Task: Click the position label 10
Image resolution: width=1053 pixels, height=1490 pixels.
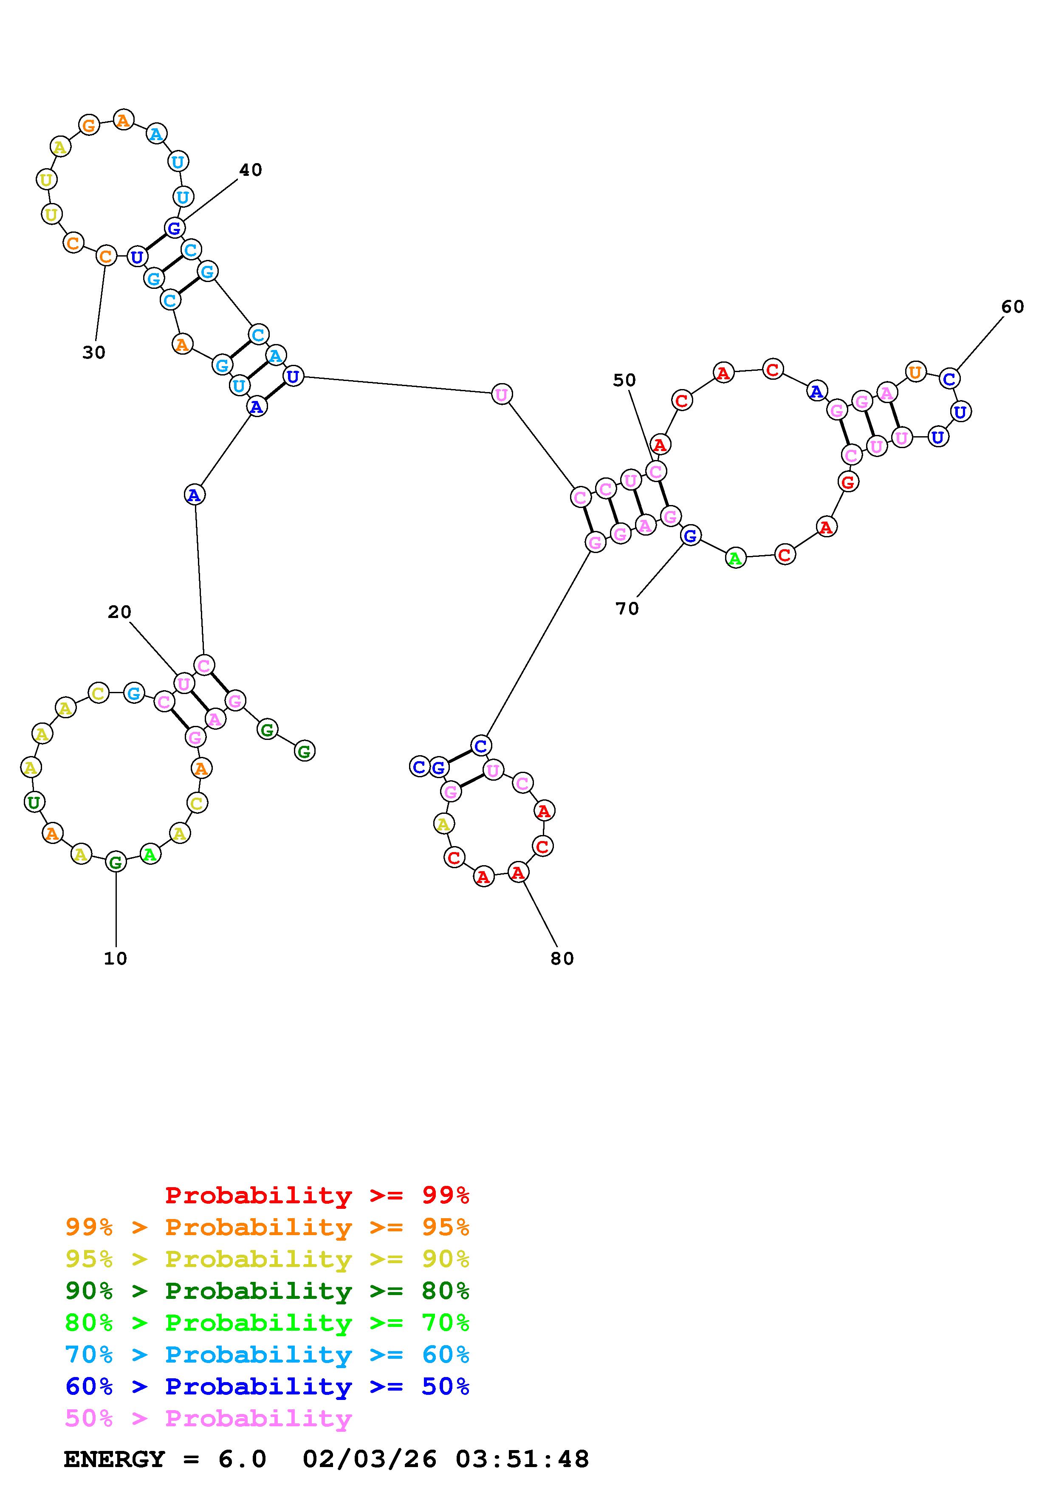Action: tap(116, 959)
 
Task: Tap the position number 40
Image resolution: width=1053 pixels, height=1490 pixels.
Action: tap(251, 170)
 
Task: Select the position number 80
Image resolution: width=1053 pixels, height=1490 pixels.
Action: tap(562, 959)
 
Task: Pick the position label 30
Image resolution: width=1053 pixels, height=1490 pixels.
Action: tap(94, 353)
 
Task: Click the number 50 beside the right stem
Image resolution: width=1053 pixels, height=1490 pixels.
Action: tap(624, 380)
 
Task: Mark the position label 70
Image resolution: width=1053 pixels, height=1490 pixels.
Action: tap(627, 609)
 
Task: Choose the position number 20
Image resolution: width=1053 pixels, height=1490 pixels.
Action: tap(119, 612)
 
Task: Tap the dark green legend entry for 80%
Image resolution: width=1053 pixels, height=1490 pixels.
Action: tap(267, 1291)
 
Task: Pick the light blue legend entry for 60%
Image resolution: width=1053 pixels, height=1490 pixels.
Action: tap(267, 1355)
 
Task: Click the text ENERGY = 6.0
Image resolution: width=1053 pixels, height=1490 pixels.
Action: tap(165, 1459)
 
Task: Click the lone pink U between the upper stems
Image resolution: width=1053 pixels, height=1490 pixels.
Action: tap(502, 394)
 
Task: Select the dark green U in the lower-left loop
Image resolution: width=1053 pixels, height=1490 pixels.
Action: tap(33, 803)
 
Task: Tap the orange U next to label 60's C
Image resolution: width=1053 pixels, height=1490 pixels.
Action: tap(915, 372)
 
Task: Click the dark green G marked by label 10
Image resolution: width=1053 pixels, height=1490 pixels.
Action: tap(116, 863)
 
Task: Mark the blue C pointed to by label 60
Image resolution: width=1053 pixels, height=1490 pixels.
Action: tap(949, 379)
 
